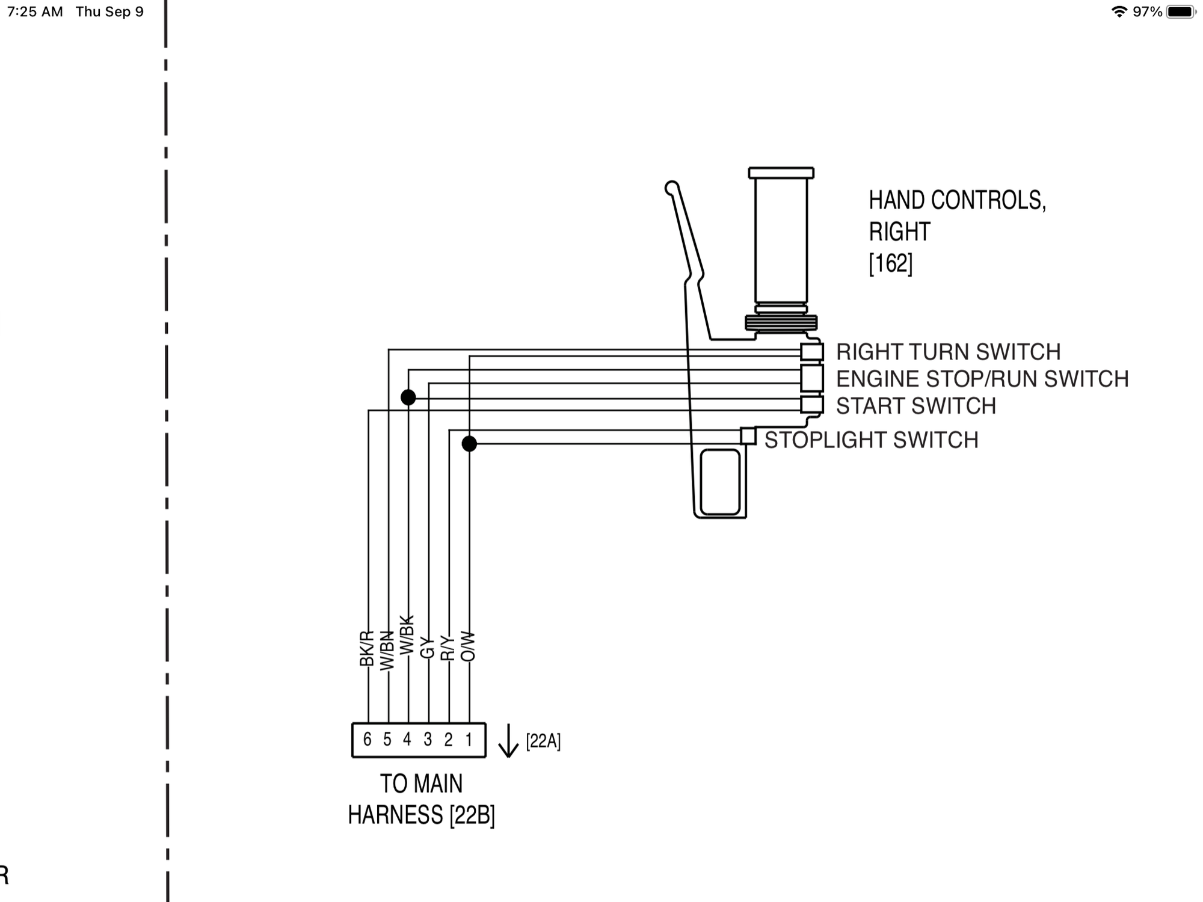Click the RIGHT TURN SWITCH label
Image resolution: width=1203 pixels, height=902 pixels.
click(948, 352)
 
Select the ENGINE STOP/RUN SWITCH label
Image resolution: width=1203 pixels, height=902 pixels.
click(982, 379)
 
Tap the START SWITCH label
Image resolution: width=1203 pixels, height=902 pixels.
click(916, 406)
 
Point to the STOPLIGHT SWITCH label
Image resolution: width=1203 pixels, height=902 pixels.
click(872, 440)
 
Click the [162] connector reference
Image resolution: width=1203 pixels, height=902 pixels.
click(891, 263)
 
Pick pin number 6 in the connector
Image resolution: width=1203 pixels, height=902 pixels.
click(368, 739)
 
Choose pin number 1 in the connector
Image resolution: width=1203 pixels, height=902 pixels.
click(469, 739)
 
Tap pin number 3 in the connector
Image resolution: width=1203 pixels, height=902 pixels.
click(428, 739)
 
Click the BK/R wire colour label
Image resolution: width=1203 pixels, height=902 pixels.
click(366, 649)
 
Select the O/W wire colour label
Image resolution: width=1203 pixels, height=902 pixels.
click(467, 646)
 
